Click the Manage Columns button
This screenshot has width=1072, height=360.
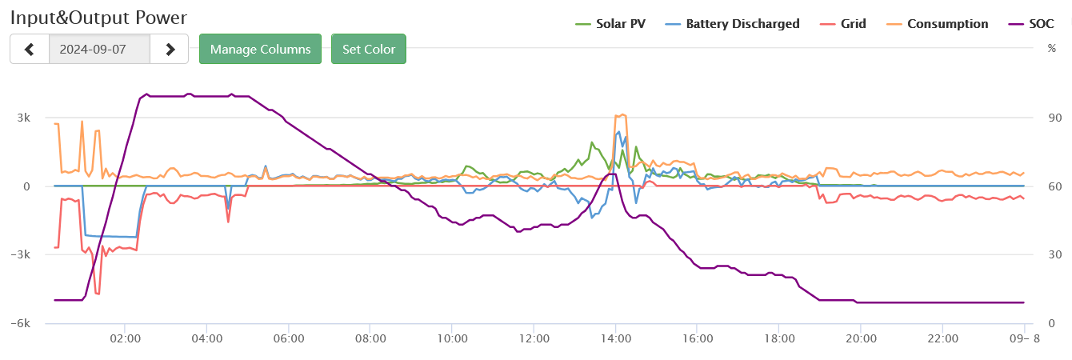click(x=260, y=49)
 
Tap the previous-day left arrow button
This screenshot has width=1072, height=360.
click(x=30, y=49)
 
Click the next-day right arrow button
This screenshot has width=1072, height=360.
click(x=170, y=49)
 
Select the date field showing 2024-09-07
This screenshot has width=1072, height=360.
click(x=99, y=49)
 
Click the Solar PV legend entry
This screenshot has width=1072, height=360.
click(x=611, y=24)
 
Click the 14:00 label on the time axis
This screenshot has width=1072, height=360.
click(x=615, y=338)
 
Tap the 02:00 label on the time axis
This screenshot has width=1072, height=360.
click(x=126, y=338)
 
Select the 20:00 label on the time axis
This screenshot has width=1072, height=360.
click(x=860, y=338)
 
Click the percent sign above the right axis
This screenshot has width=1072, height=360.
click(x=1052, y=48)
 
